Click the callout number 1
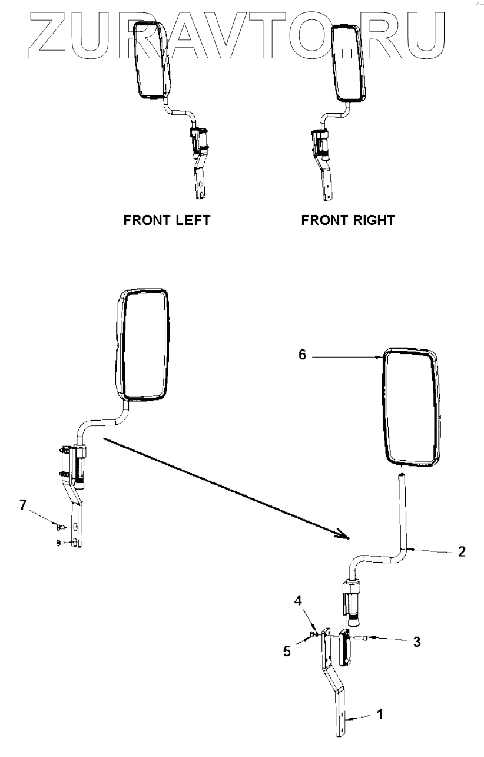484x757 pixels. click(380, 715)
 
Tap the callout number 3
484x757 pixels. click(416, 642)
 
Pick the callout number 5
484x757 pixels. click(288, 652)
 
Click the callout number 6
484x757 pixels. click(302, 356)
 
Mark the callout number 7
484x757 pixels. click(23, 505)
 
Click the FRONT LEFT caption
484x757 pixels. click(167, 220)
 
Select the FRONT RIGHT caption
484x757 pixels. click(347, 220)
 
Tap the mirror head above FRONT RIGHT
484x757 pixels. click(349, 63)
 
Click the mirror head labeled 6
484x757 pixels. click(412, 408)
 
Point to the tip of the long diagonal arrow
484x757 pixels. click(348, 536)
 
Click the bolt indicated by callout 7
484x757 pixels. click(59, 526)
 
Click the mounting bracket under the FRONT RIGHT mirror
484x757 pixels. click(323, 177)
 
